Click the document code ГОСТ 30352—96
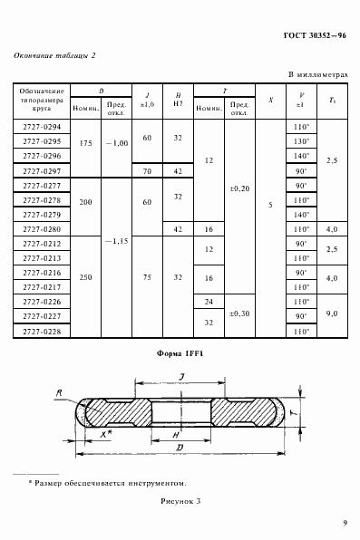(311, 34)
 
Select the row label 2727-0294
(40, 128)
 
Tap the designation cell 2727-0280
(40, 229)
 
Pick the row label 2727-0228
(40, 331)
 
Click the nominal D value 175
(86, 142)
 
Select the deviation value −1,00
(117, 142)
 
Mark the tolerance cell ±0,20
(240, 188)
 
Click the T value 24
(209, 302)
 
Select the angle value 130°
(301, 142)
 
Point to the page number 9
(345, 522)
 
